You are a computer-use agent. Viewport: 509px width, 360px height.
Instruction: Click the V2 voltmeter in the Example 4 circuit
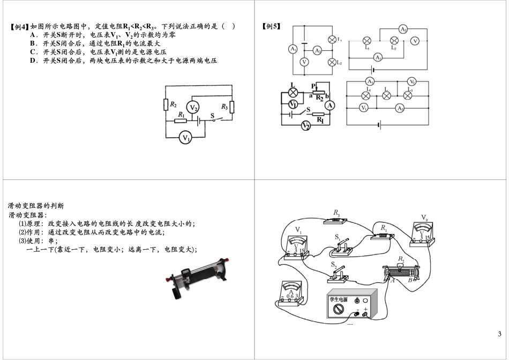pyautogui.click(x=194, y=108)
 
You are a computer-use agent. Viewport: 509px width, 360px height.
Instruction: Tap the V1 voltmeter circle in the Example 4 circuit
pyautogui.click(x=186, y=138)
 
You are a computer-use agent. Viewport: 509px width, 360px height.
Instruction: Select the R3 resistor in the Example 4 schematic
pyautogui.click(x=231, y=107)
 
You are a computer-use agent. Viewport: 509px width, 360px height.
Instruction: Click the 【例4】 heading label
pyautogui.click(x=20, y=26)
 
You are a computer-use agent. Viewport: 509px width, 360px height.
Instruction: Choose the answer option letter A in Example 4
pyautogui.click(x=33, y=35)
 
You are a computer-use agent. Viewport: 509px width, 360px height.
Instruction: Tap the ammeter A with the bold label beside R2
pyautogui.click(x=330, y=106)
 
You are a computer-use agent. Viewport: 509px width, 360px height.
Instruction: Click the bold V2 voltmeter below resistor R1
pyautogui.click(x=305, y=126)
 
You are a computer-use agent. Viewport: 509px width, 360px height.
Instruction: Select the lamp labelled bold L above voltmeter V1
pyautogui.click(x=293, y=92)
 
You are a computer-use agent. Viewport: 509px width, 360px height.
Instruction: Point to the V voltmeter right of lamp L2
pyautogui.click(x=414, y=41)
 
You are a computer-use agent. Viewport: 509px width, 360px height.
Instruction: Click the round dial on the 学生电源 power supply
pyautogui.click(x=338, y=310)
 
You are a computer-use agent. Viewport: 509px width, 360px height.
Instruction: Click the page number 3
pyautogui.click(x=499, y=335)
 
